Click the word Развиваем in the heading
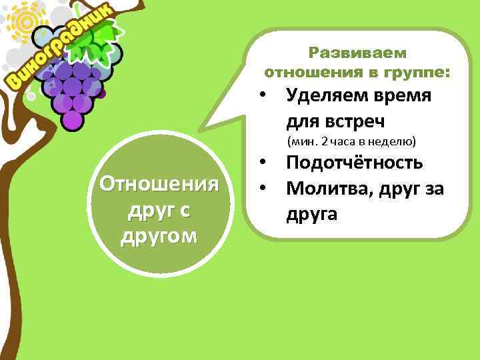(x=358, y=52)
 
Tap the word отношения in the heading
(x=307, y=71)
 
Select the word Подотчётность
(x=354, y=163)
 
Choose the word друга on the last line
(x=313, y=214)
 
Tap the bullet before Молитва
(x=265, y=189)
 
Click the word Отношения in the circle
(x=159, y=183)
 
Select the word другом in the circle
(x=159, y=237)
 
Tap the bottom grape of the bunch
(x=72, y=121)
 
